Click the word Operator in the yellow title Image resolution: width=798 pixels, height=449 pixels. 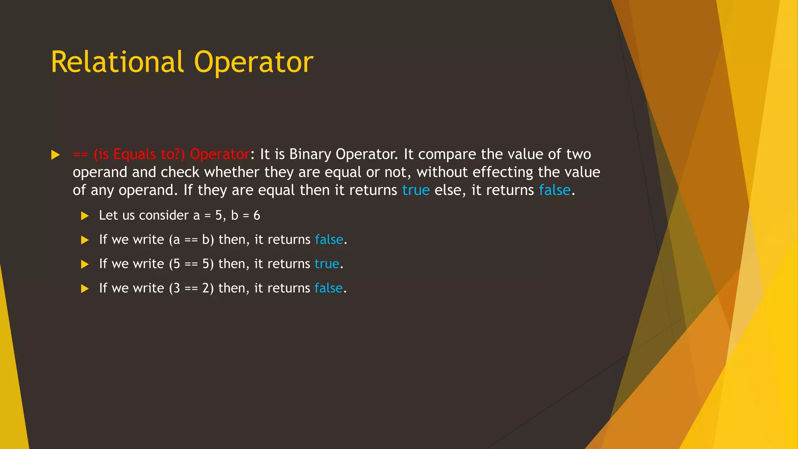(x=253, y=63)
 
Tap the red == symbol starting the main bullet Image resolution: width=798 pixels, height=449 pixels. (x=80, y=154)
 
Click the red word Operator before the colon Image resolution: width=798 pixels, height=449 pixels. (x=219, y=154)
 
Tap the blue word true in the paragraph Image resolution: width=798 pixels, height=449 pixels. (x=415, y=190)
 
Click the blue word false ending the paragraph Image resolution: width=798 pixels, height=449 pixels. (x=554, y=190)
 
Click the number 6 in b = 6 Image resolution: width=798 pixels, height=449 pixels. (x=257, y=215)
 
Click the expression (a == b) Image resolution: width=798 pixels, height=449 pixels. (x=191, y=239)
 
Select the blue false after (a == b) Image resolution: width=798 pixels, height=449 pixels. (x=329, y=239)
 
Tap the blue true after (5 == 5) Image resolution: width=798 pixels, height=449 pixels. (x=327, y=264)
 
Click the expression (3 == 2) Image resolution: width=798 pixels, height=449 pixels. (x=191, y=288)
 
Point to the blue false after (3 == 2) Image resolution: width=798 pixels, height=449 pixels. (x=328, y=288)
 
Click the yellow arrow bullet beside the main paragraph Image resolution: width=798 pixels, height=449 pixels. (x=55, y=155)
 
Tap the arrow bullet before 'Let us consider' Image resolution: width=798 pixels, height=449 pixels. (x=85, y=216)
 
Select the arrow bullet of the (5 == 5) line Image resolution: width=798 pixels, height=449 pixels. (x=85, y=264)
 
